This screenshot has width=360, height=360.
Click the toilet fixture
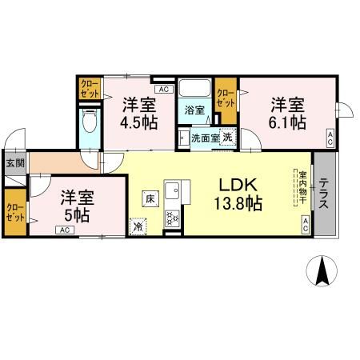click(x=90, y=123)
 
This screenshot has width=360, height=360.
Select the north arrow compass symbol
click(x=322, y=271)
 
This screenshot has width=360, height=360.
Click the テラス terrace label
click(x=325, y=194)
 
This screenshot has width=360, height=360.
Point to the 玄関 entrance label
click(x=14, y=162)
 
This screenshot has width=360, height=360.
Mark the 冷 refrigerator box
click(x=138, y=226)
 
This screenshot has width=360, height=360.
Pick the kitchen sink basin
click(x=174, y=192)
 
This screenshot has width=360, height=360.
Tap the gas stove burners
click(x=173, y=217)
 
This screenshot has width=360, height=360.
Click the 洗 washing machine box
click(x=226, y=137)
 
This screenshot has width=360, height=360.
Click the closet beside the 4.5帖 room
click(x=90, y=88)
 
